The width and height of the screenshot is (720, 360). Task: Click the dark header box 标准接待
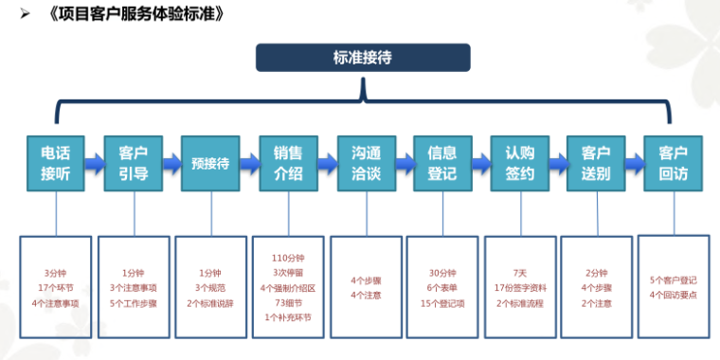[x=362, y=58]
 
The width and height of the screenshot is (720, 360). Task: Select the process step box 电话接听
[x=54, y=162]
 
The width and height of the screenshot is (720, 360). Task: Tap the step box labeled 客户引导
[x=133, y=162]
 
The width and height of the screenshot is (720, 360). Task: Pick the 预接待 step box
[x=210, y=162]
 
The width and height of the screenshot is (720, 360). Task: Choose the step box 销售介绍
[x=288, y=162]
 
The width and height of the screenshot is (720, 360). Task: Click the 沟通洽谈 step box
[x=366, y=162]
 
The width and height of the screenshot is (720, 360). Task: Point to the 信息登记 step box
[x=442, y=162]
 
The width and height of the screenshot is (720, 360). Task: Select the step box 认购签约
[x=519, y=162]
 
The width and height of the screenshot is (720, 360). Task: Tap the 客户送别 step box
[x=595, y=162]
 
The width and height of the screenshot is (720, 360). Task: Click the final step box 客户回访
[x=673, y=162]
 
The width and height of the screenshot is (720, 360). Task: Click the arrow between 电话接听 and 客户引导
[x=94, y=163]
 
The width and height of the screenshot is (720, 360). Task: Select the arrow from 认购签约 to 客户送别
[x=557, y=163]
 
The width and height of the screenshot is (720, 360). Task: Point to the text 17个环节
[x=55, y=287]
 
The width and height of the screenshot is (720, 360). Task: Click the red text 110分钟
[x=288, y=258]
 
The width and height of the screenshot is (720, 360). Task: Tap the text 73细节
[x=288, y=302]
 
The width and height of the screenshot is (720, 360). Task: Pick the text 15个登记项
[x=442, y=302]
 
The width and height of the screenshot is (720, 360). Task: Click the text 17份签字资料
[x=519, y=287]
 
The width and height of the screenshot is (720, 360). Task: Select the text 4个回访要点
[x=674, y=295]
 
